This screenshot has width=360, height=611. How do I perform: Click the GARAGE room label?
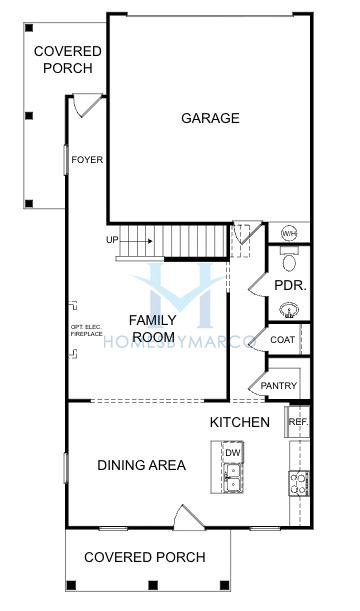point(210,118)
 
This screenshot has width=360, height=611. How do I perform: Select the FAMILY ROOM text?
point(153,328)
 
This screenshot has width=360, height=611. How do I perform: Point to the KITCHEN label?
point(240,422)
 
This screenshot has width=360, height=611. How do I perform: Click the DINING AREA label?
point(141,465)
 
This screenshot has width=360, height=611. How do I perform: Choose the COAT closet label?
point(283,340)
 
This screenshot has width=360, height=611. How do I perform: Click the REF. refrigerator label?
point(297,422)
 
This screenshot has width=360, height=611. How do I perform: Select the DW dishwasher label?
point(232,454)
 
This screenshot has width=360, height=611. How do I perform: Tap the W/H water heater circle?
point(289,233)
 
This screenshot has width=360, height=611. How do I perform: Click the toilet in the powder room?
point(288,262)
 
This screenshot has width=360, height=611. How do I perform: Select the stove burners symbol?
point(299,484)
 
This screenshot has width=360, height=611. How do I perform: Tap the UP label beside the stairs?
point(112,240)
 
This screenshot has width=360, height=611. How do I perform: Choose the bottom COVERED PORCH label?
point(145,557)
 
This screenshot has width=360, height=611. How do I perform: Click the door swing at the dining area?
point(187,518)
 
